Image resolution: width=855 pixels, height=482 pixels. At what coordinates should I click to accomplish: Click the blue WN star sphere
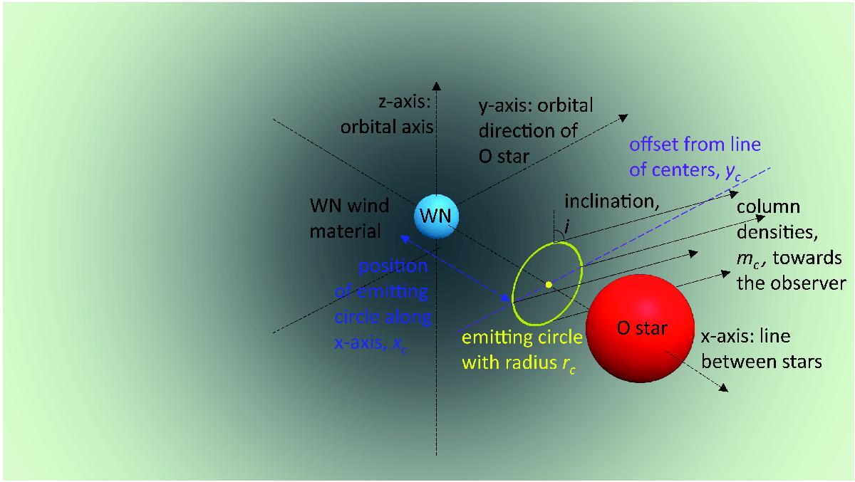click(x=436, y=216)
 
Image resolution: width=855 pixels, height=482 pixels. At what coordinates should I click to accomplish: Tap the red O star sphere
click(x=640, y=328)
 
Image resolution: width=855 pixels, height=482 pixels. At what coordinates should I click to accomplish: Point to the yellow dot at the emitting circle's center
click(x=549, y=285)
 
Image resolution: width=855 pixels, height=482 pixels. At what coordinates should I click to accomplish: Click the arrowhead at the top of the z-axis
click(x=437, y=86)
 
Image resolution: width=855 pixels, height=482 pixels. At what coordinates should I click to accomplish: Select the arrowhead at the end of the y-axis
click(x=623, y=118)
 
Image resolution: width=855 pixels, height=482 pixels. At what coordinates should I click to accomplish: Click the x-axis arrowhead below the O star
click(x=723, y=388)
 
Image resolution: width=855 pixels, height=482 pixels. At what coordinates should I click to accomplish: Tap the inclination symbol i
click(x=567, y=226)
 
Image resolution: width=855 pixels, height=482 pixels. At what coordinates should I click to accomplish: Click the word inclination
click(x=611, y=201)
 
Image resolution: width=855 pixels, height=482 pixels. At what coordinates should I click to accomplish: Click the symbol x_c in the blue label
click(x=400, y=344)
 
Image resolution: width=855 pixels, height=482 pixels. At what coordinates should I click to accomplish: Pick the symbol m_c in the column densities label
click(x=747, y=260)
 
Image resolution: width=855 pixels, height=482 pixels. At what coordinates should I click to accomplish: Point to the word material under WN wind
click(x=345, y=231)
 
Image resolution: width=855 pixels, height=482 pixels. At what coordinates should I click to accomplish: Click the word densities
click(x=777, y=232)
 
